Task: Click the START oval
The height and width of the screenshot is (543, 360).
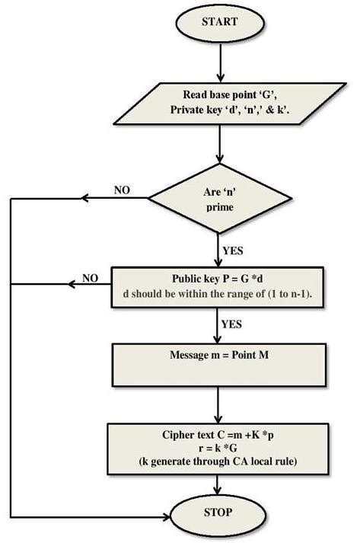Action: click(219, 22)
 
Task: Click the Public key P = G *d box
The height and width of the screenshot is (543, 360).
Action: click(218, 286)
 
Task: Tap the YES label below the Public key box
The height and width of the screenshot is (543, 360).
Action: click(231, 324)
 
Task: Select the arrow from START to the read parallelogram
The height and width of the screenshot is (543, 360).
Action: click(219, 62)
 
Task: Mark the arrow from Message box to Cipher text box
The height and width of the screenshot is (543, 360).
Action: click(219, 404)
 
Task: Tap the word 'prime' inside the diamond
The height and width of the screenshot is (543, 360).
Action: click(218, 207)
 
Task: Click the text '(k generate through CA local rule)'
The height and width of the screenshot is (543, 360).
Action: click(219, 462)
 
